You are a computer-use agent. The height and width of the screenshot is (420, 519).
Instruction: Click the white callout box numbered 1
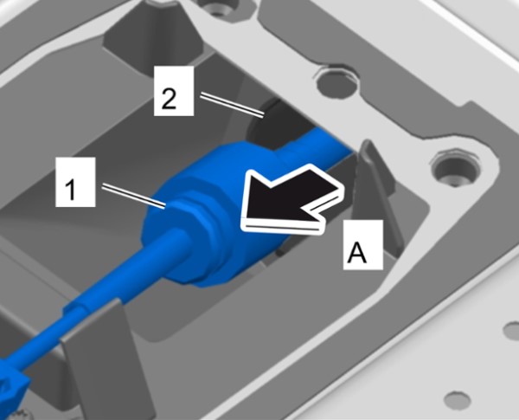[x=75, y=182]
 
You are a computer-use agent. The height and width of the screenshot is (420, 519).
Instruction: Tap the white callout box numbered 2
[x=174, y=91]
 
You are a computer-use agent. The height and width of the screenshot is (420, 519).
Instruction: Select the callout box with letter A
[x=363, y=245]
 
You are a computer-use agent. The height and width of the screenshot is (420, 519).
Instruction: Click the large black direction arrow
[x=292, y=201]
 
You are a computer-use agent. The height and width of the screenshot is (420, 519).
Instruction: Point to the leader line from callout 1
[x=133, y=197]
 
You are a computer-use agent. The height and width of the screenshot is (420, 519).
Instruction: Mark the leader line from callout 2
[x=232, y=105]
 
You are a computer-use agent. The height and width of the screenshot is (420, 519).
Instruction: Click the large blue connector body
[x=215, y=212]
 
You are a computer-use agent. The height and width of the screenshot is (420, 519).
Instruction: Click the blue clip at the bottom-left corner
[x=11, y=395]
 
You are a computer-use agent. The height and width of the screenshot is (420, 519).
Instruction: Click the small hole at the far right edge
[x=511, y=329]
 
